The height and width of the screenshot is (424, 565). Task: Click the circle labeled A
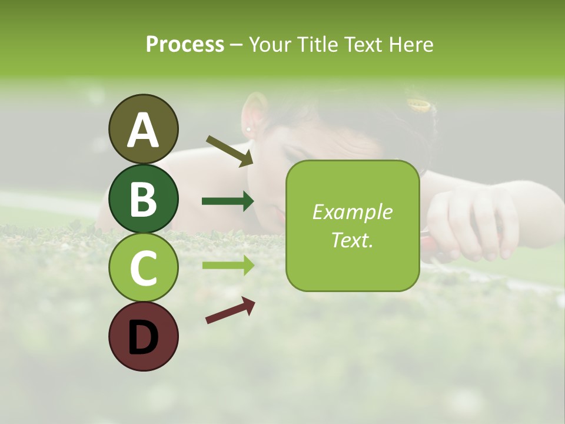144,129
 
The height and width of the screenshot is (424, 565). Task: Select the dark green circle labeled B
144,198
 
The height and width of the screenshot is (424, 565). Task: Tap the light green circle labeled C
144,267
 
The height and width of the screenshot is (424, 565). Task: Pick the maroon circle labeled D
144,336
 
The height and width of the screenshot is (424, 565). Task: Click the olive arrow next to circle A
229,150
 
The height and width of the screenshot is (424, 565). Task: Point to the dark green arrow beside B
228,201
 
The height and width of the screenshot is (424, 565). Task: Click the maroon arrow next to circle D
230,310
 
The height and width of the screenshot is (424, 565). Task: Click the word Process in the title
185,44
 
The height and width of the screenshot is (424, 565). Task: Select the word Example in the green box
352,212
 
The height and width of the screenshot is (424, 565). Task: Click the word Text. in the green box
352,240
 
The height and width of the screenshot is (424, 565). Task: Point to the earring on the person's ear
249,129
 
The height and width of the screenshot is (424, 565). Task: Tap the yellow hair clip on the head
420,105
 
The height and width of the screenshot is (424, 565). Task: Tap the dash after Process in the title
237,45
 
